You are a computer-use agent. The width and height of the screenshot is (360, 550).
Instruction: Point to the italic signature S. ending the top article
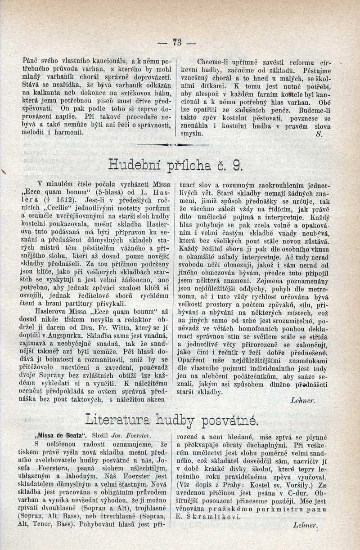[x=319, y=134]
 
